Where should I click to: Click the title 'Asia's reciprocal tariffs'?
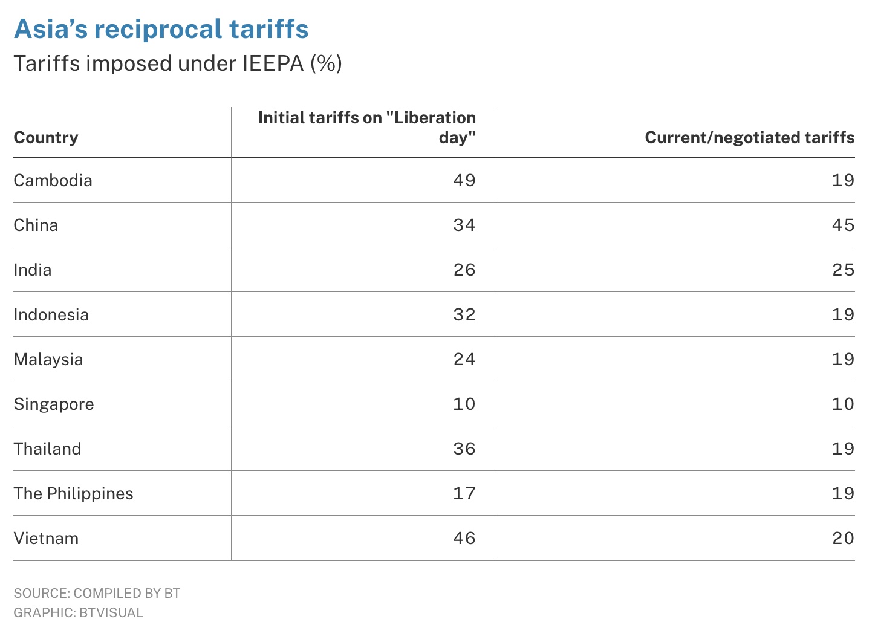(x=161, y=29)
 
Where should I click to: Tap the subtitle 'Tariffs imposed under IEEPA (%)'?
(x=178, y=63)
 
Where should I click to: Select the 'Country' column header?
(x=46, y=137)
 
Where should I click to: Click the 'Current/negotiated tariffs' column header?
(x=749, y=137)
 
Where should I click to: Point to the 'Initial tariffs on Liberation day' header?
(x=367, y=127)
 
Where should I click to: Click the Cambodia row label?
(x=53, y=180)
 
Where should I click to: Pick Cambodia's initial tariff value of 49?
(x=464, y=180)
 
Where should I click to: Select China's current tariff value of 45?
(x=842, y=225)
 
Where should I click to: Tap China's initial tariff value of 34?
(x=464, y=225)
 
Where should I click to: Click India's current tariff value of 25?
(x=842, y=270)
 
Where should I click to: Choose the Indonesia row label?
(x=51, y=314)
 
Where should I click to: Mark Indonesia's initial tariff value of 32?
(x=464, y=314)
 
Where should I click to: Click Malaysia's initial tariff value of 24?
(x=464, y=359)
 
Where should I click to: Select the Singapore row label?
(x=54, y=404)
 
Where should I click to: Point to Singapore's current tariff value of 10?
(x=842, y=404)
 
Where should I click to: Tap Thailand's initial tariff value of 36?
(x=464, y=449)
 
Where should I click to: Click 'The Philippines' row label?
(x=73, y=493)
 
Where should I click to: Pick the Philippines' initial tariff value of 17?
(x=464, y=493)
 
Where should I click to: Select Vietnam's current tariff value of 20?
(x=842, y=538)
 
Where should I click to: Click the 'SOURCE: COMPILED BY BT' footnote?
(x=97, y=593)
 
